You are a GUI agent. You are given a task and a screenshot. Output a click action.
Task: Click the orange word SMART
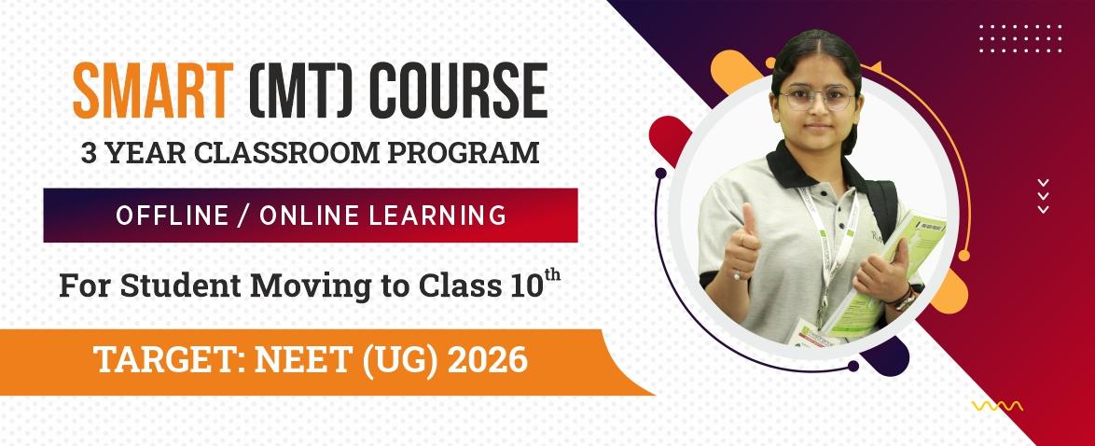[153, 91]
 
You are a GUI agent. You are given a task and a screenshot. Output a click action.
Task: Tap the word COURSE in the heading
[458, 91]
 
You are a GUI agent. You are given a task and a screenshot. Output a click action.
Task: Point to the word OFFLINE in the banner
[172, 216]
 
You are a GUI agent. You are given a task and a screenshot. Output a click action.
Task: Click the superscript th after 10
[552, 274]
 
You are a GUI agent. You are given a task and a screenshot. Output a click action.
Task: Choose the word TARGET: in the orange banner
[171, 361]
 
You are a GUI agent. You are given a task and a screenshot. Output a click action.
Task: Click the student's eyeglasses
[816, 96]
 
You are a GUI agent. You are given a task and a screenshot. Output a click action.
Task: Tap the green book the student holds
[891, 272]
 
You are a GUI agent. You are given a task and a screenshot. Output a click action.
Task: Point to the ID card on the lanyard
[811, 334]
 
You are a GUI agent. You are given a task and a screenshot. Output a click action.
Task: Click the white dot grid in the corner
[1020, 38]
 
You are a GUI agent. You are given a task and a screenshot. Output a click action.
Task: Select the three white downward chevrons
[1044, 196]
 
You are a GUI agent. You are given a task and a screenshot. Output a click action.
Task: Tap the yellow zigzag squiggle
[997, 406]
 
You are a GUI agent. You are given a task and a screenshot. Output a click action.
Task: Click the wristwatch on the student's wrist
[905, 300]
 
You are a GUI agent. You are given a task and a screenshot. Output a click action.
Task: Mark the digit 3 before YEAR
[89, 153]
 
